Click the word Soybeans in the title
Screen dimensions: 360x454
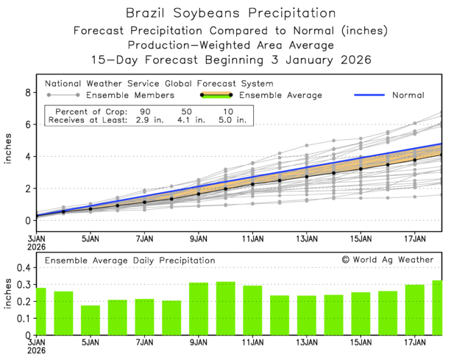click(216, 13)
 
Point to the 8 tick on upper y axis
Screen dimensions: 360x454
click(27, 93)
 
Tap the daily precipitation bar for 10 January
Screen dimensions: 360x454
click(225, 308)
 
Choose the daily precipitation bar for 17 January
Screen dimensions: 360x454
click(414, 310)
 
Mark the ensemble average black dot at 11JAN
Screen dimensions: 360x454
click(252, 184)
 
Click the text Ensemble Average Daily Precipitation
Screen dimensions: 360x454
click(130, 260)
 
